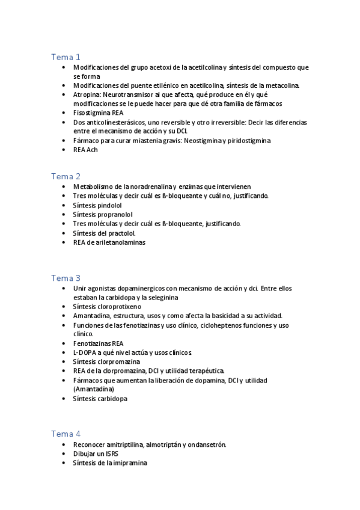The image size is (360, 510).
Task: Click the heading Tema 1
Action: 66,57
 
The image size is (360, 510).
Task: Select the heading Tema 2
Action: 66,176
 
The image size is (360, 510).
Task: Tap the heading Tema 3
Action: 66,278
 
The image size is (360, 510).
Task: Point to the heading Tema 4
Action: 66,434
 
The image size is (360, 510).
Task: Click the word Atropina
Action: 87,95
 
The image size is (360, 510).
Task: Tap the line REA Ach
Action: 85,150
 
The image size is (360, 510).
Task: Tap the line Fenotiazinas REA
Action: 99,343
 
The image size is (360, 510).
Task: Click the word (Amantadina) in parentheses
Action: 93,389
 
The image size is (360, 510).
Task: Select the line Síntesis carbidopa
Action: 100,398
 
